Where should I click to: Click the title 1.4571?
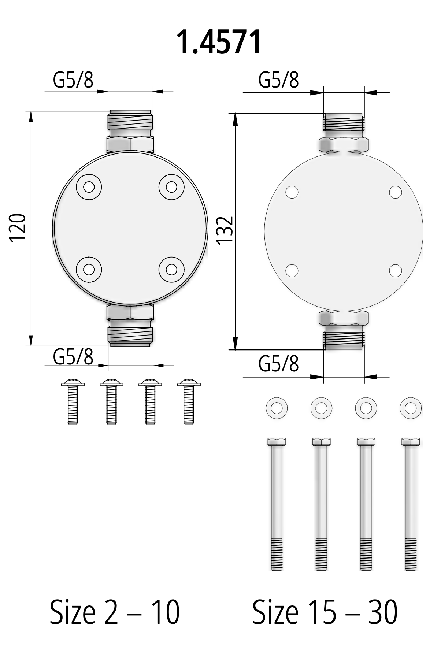click(219, 42)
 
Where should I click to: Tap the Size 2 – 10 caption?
click(115, 612)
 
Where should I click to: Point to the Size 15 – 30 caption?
click(325, 612)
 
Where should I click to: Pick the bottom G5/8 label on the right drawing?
click(278, 364)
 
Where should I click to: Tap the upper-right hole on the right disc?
click(395, 192)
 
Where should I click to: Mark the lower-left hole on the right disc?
click(292, 271)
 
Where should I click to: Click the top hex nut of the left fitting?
click(130, 144)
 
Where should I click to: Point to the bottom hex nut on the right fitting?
click(343, 317)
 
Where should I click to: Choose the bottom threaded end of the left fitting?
click(130, 336)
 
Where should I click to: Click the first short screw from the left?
click(73, 402)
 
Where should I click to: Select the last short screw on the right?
click(189, 402)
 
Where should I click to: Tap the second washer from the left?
click(321, 408)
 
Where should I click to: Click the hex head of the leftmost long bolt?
click(277, 442)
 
